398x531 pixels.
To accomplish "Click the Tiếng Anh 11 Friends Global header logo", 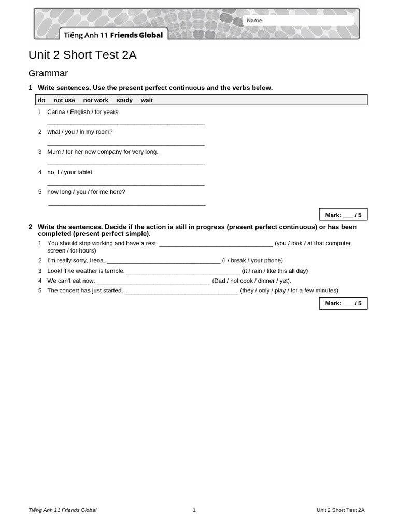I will click(x=113, y=35).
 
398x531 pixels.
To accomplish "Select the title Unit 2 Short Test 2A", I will click(x=82, y=55).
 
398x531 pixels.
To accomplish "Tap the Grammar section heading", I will click(x=48, y=73).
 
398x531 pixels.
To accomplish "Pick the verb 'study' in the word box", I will click(x=124, y=100).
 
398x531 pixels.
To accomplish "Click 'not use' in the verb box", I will click(x=64, y=100).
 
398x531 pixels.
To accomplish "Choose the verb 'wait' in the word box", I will click(x=147, y=100).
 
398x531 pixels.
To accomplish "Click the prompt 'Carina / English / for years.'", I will click(x=83, y=112).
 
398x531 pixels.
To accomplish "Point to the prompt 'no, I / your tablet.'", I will click(x=70, y=172).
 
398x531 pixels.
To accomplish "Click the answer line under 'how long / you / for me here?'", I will click(x=127, y=204).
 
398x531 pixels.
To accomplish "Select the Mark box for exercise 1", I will click(x=343, y=215).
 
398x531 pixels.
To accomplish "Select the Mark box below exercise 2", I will click(x=343, y=303).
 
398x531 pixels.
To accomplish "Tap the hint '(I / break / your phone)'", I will click(x=252, y=261).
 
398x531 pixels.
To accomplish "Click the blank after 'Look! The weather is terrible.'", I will click(x=183, y=271).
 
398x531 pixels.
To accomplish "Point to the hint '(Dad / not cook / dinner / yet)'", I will click(x=251, y=281).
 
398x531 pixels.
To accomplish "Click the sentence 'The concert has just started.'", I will click(x=85, y=291).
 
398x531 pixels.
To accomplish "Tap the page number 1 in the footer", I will click(x=194, y=510).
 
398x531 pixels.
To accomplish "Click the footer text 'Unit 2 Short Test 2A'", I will click(x=340, y=510).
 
